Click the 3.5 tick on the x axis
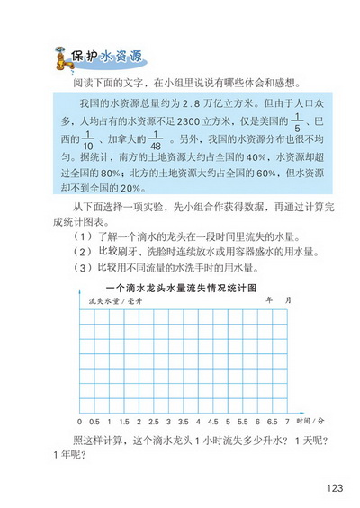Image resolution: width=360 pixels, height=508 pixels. [x=183, y=421]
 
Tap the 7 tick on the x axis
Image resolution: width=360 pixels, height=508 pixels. [x=287, y=421]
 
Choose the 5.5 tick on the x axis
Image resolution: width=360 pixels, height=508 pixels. [x=242, y=421]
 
